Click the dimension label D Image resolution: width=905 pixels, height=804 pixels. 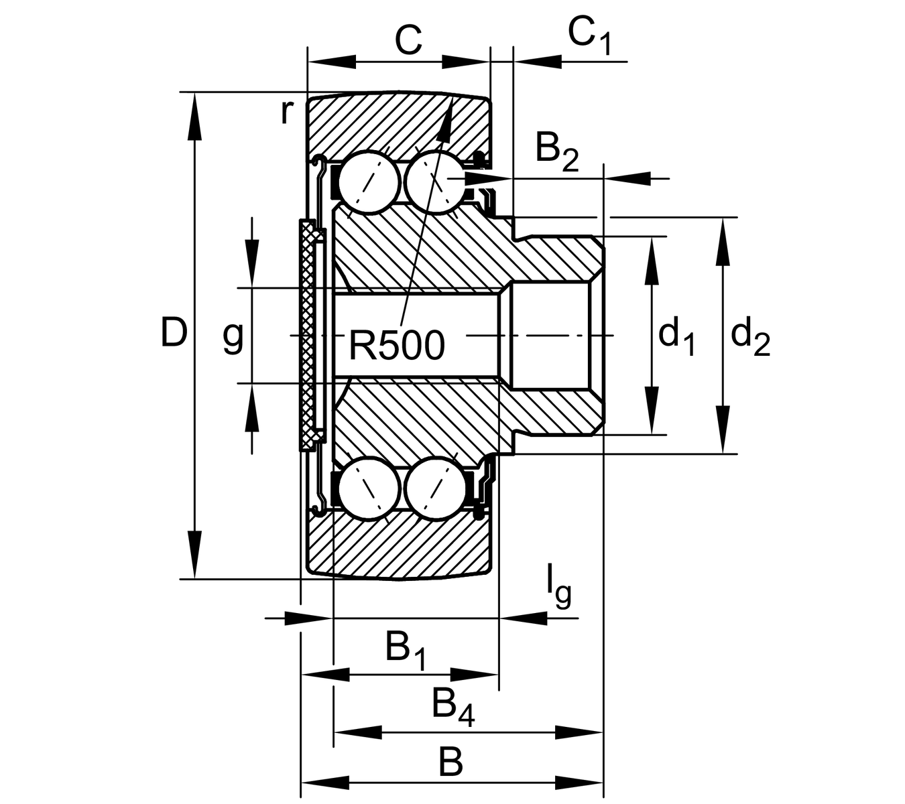click(x=173, y=333)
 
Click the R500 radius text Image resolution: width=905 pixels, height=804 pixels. click(x=396, y=346)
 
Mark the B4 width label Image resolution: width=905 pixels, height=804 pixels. click(x=452, y=706)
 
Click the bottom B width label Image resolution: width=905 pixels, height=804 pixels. click(x=450, y=762)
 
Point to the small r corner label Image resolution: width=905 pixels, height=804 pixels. click(x=286, y=113)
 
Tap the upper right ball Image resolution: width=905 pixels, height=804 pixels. click(x=434, y=182)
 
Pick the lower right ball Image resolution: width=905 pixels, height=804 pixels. click(x=434, y=488)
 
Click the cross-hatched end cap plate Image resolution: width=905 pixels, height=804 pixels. click(x=308, y=335)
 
